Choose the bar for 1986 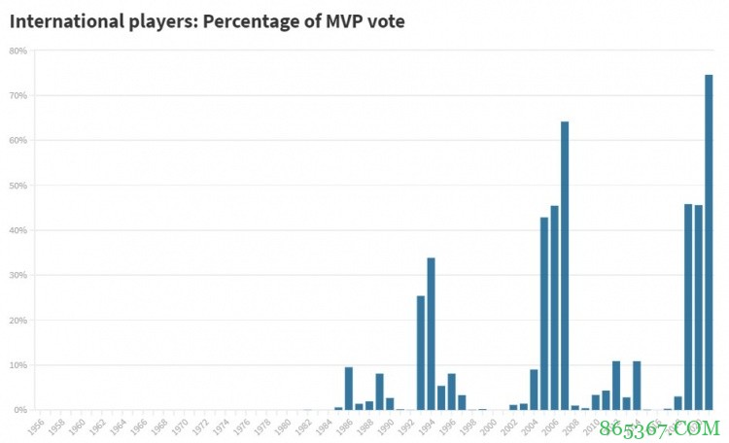pyautogui.click(x=348, y=388)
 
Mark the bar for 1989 pyautogui.click(x=379, y=392)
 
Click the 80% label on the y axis pyautogui.click(x=17, y=51)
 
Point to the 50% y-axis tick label pyautogui.click(x=17, y=186)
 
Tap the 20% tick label pyautogui.click(x=17, y=320)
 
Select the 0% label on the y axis pyautogui.click(x=19, y=410)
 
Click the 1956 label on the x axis pyautogui.click(x=37, y=426)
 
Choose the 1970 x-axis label pyautogui.click(x=181, y=426)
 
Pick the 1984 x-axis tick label pyautogui.click(x=325, y=426)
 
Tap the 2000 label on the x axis pyautogui.click(x=489, y=426)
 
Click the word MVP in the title pyautogui.click(x=336, y=21)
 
